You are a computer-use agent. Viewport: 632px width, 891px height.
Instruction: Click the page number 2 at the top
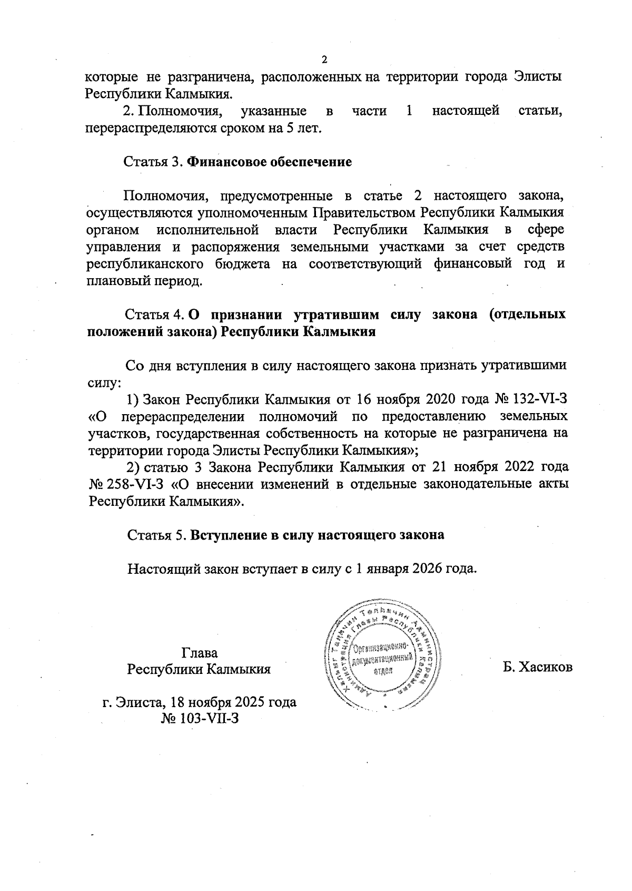pos(324,58)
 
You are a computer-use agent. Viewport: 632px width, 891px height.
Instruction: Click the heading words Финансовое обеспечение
pos(269,162)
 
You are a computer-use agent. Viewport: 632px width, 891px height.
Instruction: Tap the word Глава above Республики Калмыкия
pos(199,652)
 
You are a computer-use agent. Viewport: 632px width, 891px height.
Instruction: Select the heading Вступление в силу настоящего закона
pos(317,535)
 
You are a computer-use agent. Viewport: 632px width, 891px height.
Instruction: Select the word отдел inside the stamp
pos(383,672)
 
